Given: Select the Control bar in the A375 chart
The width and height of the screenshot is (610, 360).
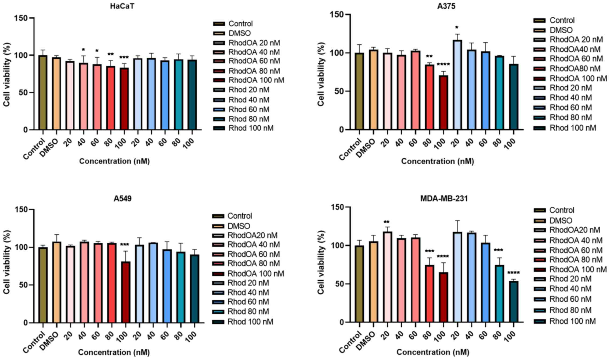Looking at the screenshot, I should click(x=359, y=91).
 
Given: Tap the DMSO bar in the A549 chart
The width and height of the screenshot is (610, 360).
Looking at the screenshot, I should click(x=57, y=283).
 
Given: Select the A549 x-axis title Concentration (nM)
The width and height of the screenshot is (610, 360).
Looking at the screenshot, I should click(x=114, y=352).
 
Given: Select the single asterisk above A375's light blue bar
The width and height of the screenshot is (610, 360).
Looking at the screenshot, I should click(x=457, y=27).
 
